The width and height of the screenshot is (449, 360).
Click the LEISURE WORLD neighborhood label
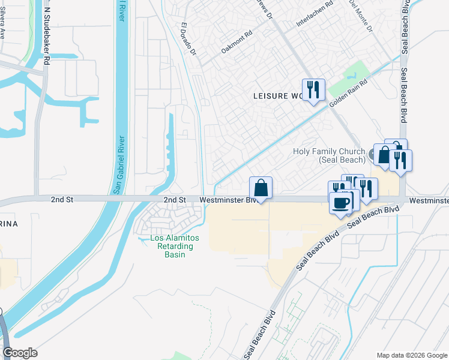click(x=279, y=96)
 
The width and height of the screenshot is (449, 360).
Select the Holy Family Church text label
click(x=330, y=156)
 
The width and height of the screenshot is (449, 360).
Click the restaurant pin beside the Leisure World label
click(x=313, y=90)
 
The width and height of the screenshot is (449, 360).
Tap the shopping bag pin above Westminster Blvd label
click(x=261, y=188)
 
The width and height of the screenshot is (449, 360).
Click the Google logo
click(x=20, y=353)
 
